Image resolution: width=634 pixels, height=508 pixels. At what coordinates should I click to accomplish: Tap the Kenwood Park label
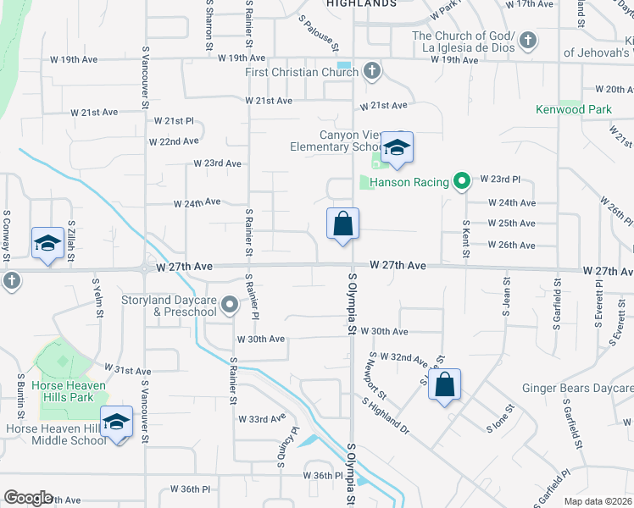tap(574, 109)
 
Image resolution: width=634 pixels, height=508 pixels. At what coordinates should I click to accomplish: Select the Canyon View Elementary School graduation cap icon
tap(396, 149)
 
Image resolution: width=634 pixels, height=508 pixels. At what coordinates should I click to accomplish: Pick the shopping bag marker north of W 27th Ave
tap(343, 224)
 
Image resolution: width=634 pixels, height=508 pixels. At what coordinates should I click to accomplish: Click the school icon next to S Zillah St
tap(47, 244)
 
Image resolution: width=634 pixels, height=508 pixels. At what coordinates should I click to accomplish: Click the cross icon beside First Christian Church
tap(371, 71)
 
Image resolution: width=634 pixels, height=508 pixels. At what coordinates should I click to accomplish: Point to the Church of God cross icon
tap(527, 40)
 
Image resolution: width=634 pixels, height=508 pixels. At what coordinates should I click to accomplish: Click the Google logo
tap(28, 498)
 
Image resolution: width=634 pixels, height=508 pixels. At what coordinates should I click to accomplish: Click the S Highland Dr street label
tap(387, 417)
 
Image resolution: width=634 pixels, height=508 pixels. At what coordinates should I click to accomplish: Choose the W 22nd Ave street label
tap(174, 141)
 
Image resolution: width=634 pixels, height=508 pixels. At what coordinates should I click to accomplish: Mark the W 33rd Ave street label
tap(261, 419)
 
